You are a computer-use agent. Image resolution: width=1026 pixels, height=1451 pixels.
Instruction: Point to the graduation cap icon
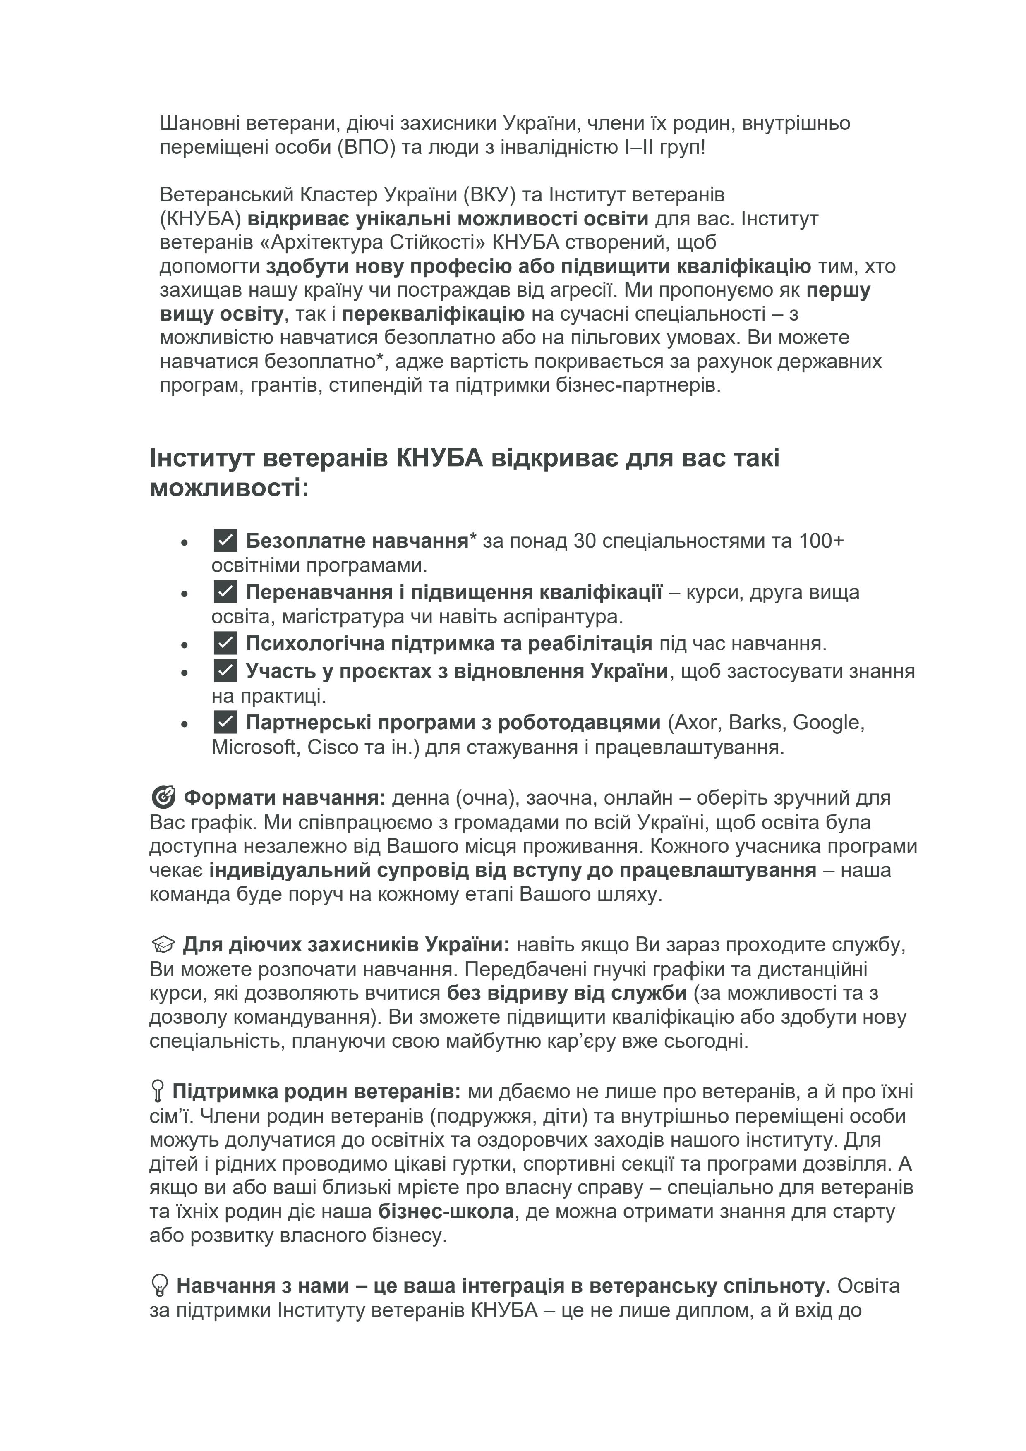(x=163, y=945)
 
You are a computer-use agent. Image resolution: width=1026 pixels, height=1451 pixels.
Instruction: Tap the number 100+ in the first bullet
(x=821, y=541)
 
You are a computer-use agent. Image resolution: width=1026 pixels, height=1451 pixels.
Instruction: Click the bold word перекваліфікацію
(x=433, y=314)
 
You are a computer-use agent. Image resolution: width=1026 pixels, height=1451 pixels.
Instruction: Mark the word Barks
(x=758, y=722)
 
